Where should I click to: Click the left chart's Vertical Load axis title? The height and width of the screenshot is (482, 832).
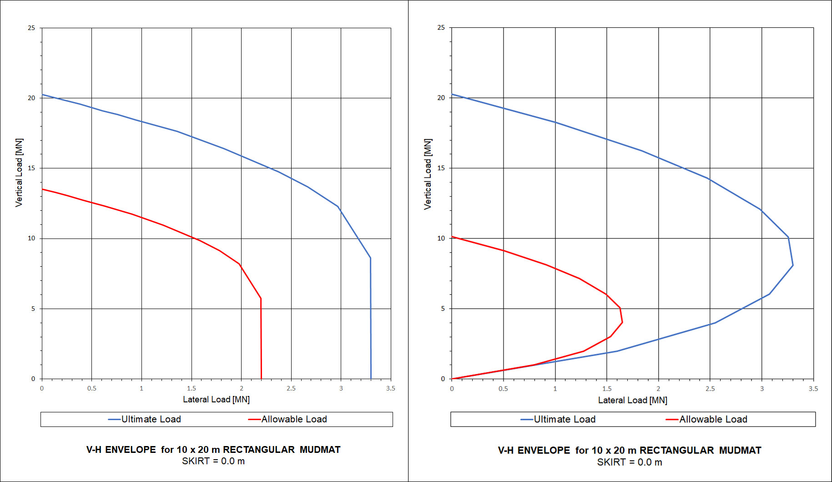pyautogui.click(x=19, y=173)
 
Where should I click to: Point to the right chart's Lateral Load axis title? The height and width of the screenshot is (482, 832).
pyautogui.click(x=632, y=400)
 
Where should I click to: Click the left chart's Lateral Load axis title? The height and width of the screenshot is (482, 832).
pyautogui.click(x=216, y=399)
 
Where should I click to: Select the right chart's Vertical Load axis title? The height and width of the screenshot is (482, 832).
pyautogui.click(x=428, y=174)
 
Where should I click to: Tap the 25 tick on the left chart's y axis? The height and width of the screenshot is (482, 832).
pyautogui.click(x=31, y=28)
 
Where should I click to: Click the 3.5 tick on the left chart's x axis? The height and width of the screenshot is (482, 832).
pyautogui.click(x=390, y=388)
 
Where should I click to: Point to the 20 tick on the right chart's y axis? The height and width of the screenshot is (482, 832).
pyautogui.click(x=441, y=98)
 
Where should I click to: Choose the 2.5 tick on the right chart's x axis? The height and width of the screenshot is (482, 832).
pyautogui.click(x=710, y=389)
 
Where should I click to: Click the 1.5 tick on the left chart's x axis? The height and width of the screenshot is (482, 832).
pyautogui.click(x=192, y=388)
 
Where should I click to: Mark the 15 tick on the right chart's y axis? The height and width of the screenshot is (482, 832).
pyautogui.click(x=441, y=168)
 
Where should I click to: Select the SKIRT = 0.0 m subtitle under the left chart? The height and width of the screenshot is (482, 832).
pyautogui.click(x=213, y=461)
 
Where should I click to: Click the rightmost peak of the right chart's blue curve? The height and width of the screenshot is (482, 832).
pyautogui.click(x=793, y=265)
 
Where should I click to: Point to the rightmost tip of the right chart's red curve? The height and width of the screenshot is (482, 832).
pyautogui.click(x=622, y=322)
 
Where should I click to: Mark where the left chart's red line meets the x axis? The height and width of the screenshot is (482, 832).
pyautogui.click(x=261, y=378)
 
